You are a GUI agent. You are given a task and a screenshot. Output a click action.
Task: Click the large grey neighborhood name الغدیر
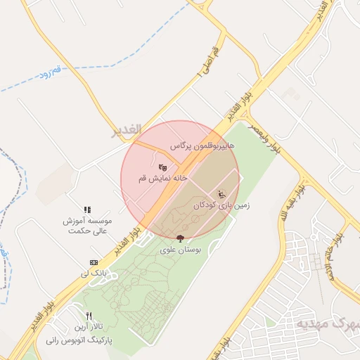coord(127,130)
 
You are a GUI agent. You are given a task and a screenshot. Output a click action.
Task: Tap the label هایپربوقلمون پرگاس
coord(202,146)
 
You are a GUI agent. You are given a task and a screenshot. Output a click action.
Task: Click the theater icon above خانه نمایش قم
coord(163,167)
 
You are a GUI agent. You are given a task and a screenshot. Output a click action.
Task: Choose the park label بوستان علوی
coord(181,250)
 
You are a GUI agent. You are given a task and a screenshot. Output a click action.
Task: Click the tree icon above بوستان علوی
coord(181,238)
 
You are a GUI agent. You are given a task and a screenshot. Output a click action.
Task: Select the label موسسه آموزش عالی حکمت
coord(85,225)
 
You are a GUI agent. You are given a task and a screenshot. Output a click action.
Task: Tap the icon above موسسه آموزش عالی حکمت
coord(87,210)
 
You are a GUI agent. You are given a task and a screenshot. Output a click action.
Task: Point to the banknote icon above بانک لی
coord(93,262)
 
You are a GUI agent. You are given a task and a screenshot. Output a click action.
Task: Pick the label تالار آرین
coord(89,328)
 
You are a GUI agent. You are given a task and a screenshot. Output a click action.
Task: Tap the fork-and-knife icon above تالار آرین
coord(89,316)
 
